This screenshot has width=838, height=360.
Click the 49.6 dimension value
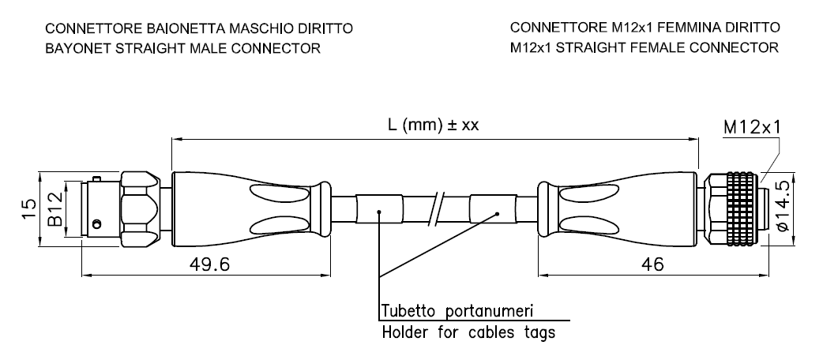[x=210, y=264]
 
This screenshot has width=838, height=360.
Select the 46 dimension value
[x=652, y=264]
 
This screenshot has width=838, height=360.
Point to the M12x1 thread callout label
[x=752, y=127]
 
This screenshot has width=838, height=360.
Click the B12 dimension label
[x=55, y=209]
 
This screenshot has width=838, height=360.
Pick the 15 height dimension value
[x=29, y=209]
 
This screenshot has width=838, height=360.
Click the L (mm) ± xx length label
[x=434, y=125]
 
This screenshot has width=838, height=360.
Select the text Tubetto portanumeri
[x=457, y=310]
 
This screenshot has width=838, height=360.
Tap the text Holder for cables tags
[x=468, y=332]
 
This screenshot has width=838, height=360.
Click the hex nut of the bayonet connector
[x=141, y=209]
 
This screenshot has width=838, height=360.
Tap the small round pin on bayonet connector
[x=96, y=223]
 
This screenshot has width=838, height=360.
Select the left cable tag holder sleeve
[x=379, y=209]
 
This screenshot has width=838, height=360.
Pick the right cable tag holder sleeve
[x=493, y=209]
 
